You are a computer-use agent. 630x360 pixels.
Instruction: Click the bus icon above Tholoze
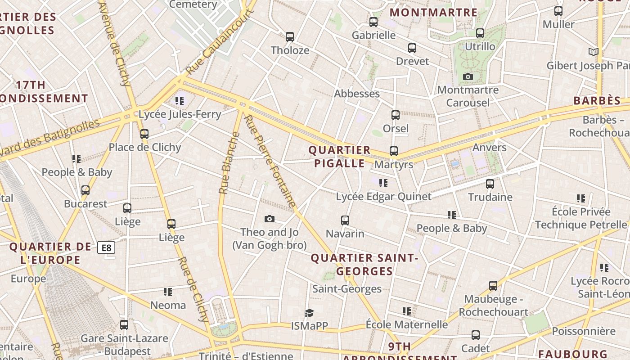(x=290, y=37)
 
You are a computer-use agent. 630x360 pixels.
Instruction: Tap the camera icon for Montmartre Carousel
(x=468, y=77)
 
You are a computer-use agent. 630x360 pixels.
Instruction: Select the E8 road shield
(x=106, y=247)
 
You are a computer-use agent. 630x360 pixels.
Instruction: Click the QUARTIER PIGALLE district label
(x=339, y=157)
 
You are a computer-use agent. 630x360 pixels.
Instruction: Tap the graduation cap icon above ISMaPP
(x=309, y=313)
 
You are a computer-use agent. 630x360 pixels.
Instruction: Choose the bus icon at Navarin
(x=345, y=220)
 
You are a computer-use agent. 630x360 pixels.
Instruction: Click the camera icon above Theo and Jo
(x=269, y=219)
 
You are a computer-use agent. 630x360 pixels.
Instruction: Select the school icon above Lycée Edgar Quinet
(x=383, y=183)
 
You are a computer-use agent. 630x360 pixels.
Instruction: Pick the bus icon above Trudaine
(x=490, y=184)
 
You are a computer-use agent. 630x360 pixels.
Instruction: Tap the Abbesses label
(x=357, y=94)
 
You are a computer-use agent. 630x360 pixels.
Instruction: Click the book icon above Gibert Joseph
(x=594, y=52)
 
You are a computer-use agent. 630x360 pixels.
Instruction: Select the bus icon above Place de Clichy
(x=144, y=134)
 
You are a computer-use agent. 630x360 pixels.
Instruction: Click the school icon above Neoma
(x=168, y=292)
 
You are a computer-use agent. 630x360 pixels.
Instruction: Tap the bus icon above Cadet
(x=476, y=335)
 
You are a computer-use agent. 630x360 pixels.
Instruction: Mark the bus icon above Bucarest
(x=85, y=190)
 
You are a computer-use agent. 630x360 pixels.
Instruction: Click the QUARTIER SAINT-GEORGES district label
(x=364, y=265)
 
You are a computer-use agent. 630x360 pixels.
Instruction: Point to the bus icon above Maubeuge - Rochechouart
(x=493, y=286)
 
